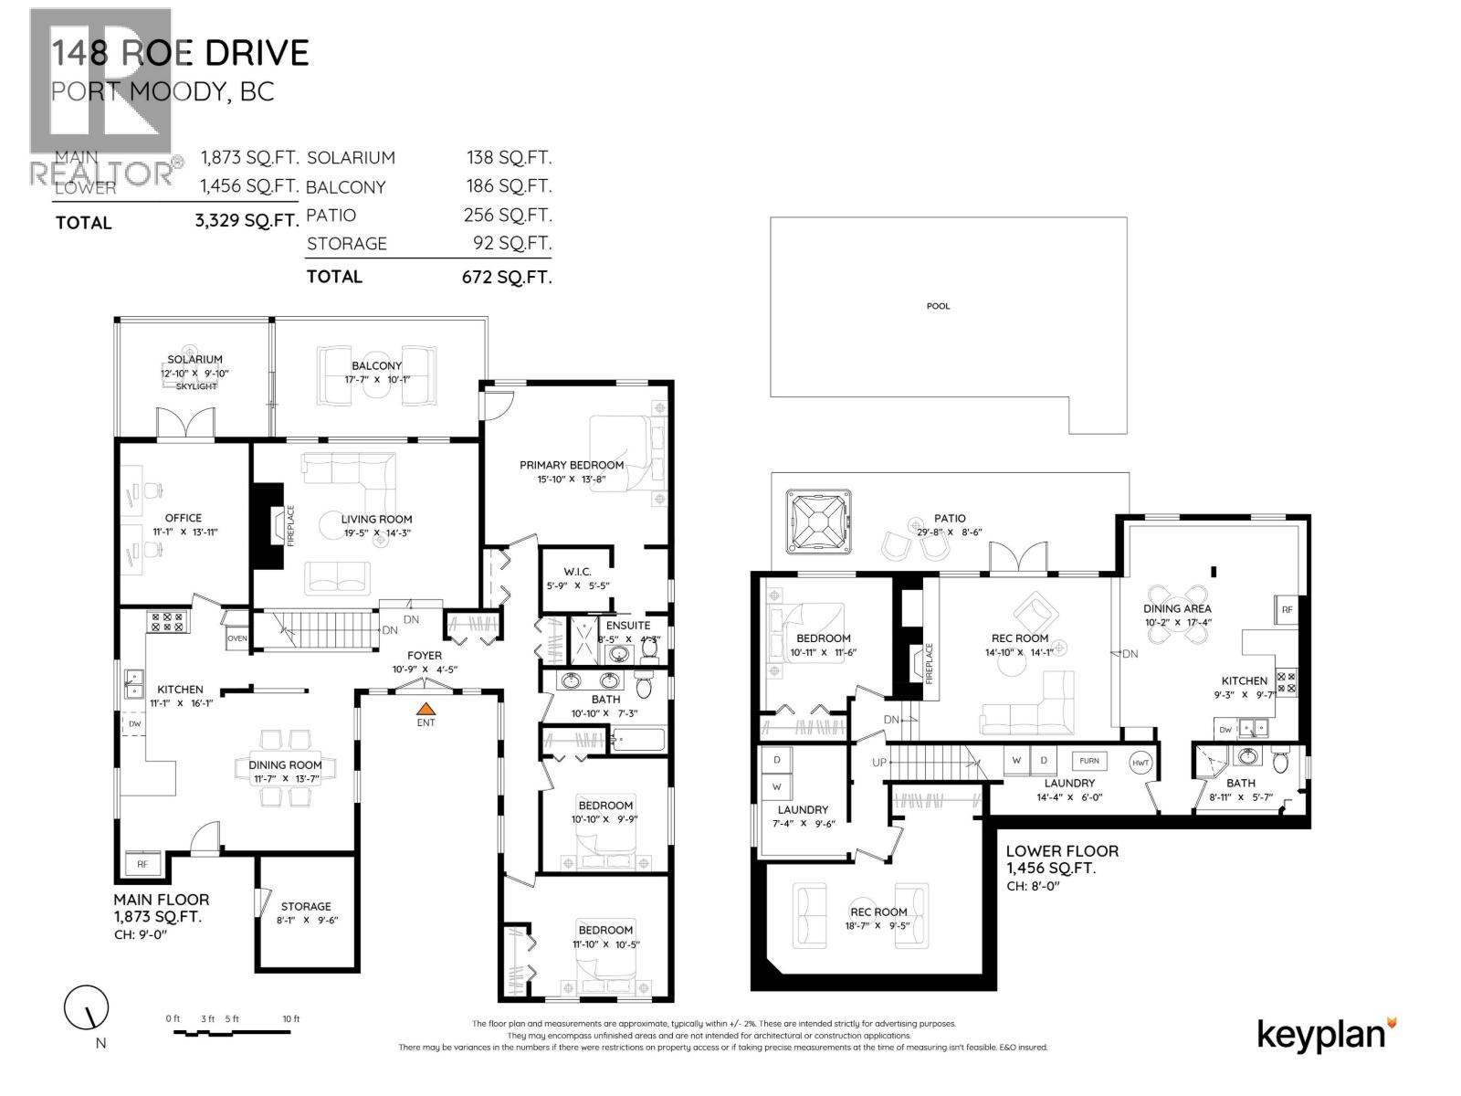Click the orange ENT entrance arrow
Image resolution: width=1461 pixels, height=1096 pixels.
[426, 707]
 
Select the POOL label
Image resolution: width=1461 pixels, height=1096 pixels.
[938, 306]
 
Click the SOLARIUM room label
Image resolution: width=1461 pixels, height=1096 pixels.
[194, 360]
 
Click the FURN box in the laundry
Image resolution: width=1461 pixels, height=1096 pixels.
[1089, 761]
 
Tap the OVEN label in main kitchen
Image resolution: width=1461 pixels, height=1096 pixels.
[236, 638]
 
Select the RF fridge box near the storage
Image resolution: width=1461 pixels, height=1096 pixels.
[142, 863]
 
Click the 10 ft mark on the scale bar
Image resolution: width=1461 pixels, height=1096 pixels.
[290, 1018]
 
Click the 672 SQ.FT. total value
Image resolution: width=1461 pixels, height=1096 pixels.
[507, 277]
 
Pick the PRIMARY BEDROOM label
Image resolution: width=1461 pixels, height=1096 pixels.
[572, 465]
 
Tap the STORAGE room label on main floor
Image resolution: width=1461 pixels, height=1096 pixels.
[306, 907]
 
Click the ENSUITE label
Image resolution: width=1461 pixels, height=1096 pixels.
[628, 626]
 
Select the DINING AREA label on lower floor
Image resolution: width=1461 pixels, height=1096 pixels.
[1177, 608]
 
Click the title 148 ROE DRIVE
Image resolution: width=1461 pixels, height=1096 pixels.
[180, 53]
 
